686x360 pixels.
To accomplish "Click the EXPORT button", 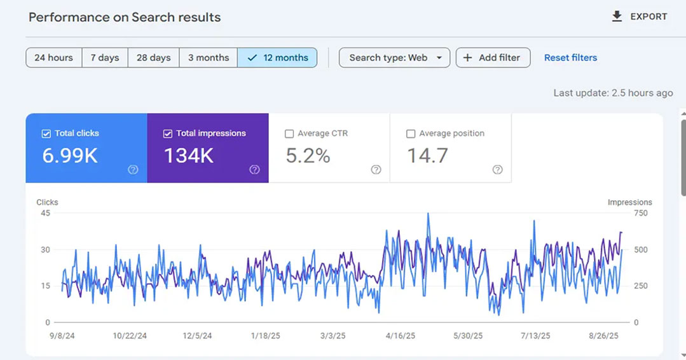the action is click(639, 17).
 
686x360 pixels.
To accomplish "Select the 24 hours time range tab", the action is click(54, 58).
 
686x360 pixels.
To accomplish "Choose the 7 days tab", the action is click(105, 58).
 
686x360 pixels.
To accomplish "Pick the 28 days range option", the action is click(154, 58).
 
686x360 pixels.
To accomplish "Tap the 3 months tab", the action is click(209, 58).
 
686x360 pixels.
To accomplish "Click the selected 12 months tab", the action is click(277, 58).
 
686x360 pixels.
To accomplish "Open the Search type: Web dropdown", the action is click(395, 58).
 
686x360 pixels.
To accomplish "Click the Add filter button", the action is click(493, 58).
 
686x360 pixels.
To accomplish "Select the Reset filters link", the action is click(570, 58).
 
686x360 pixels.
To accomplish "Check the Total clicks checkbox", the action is click(46, 134).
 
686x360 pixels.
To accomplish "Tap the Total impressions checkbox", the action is click(168, 134).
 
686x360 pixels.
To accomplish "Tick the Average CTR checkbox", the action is click(289, 134).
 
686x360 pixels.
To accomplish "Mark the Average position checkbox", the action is click(411, 134).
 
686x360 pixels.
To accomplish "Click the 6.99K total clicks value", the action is click(70, 156).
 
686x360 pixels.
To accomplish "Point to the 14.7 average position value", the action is click(427, 156).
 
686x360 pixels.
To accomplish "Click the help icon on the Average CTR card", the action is click(376, 170).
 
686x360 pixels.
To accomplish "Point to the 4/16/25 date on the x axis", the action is click(401, 336).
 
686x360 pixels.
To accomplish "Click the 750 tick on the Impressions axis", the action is click(640, 213).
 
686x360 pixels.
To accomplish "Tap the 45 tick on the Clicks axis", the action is click(46, 213).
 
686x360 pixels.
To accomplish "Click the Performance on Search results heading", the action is click(125, 17).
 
